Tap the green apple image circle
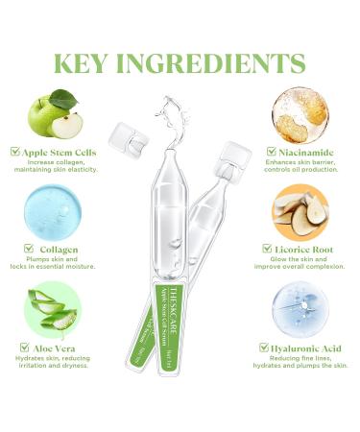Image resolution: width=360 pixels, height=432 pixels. (x=55, y=115)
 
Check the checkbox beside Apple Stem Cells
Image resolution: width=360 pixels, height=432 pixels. (x=15, y=152)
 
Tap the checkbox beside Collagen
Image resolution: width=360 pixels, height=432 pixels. (x=33, y=248)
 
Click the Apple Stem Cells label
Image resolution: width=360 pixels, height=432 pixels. (x=63, y=152)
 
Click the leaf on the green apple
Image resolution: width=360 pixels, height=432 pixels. (x=63, y=98)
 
